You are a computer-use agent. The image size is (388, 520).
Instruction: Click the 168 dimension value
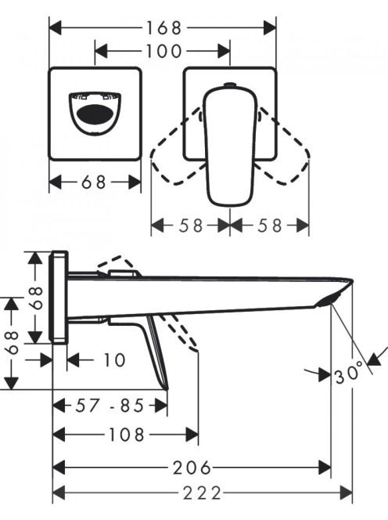tap(164, 28)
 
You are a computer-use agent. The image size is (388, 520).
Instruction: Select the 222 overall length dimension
tap(203, 493)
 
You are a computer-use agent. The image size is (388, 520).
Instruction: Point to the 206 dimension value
tap(192, 468)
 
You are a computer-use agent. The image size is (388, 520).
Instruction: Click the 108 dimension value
tap(127, 435)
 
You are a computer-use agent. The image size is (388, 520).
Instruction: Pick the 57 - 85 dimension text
tap(110, 405)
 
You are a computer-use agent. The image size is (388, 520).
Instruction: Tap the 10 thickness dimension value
tap(115, 360)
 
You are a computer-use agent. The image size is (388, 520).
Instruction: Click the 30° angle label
tap(349, 375)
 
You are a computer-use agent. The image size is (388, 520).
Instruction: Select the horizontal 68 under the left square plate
tap(94, 182)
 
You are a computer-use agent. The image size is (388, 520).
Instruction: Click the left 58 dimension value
tap(191, 226)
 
